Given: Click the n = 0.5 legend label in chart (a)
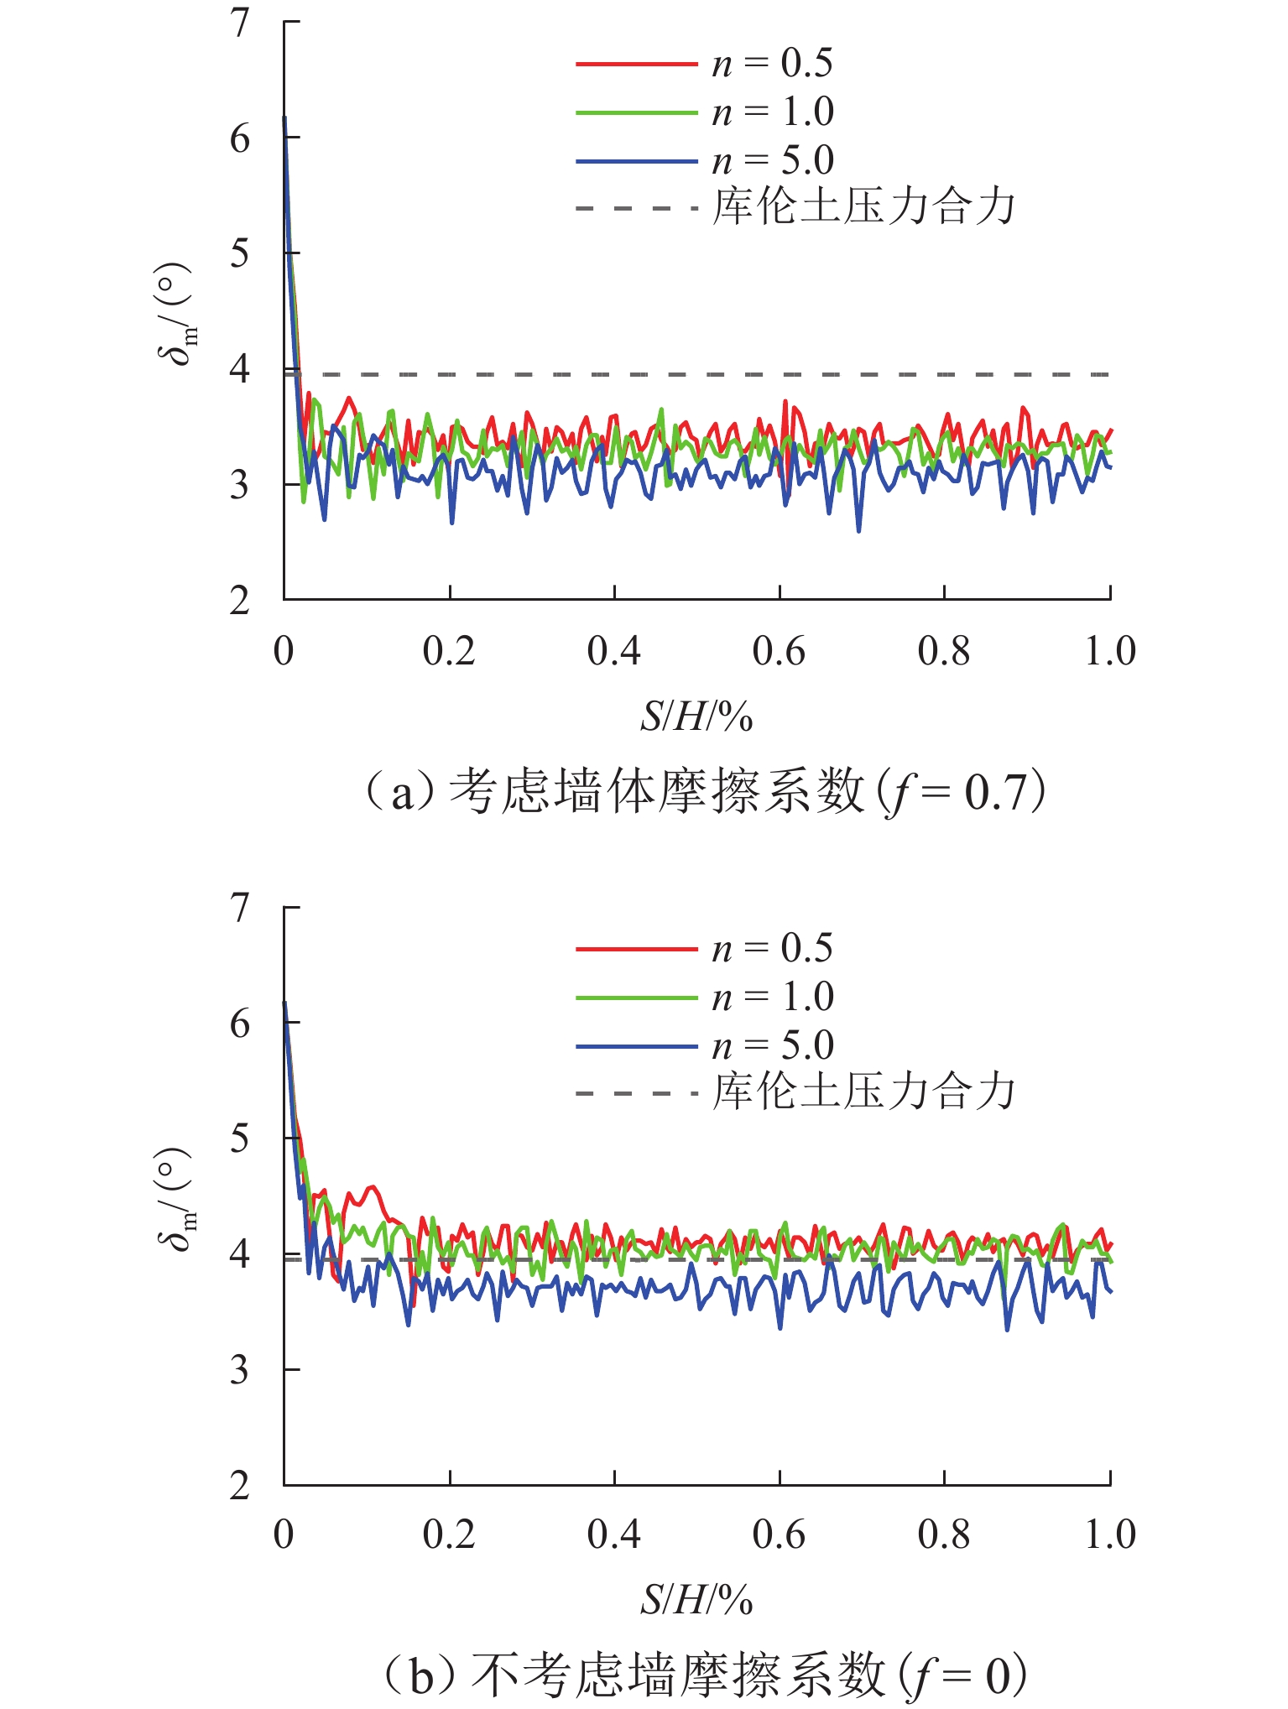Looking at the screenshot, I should click(x=772, y=64).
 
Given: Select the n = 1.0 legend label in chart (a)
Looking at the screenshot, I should click(x=772, y=112).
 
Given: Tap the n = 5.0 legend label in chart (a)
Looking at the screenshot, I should click(x=772, y=160).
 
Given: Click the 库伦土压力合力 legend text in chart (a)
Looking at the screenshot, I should click(x=863, y=207).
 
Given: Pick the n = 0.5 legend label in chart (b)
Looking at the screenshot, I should click(x=772, y=949).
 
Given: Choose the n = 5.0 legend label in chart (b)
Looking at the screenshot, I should click(x=772, y=1046).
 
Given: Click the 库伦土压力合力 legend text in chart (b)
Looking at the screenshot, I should click(x=863, y=1092).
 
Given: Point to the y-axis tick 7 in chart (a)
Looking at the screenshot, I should click(x=241, y=23).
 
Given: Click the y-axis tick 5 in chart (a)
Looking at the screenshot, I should click(x=241, y=253).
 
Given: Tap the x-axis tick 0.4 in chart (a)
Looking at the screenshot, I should click(x=614, y=652).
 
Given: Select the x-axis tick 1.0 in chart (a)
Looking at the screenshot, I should click(x=1109, y=652).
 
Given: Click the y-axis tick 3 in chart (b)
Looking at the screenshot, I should click(x=241, y=1370).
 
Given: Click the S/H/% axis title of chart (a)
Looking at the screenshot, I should click(x=696, y=717).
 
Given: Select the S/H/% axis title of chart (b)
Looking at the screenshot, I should click(x=696, y=1602).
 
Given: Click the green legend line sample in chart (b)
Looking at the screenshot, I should click(x=636, y=998).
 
